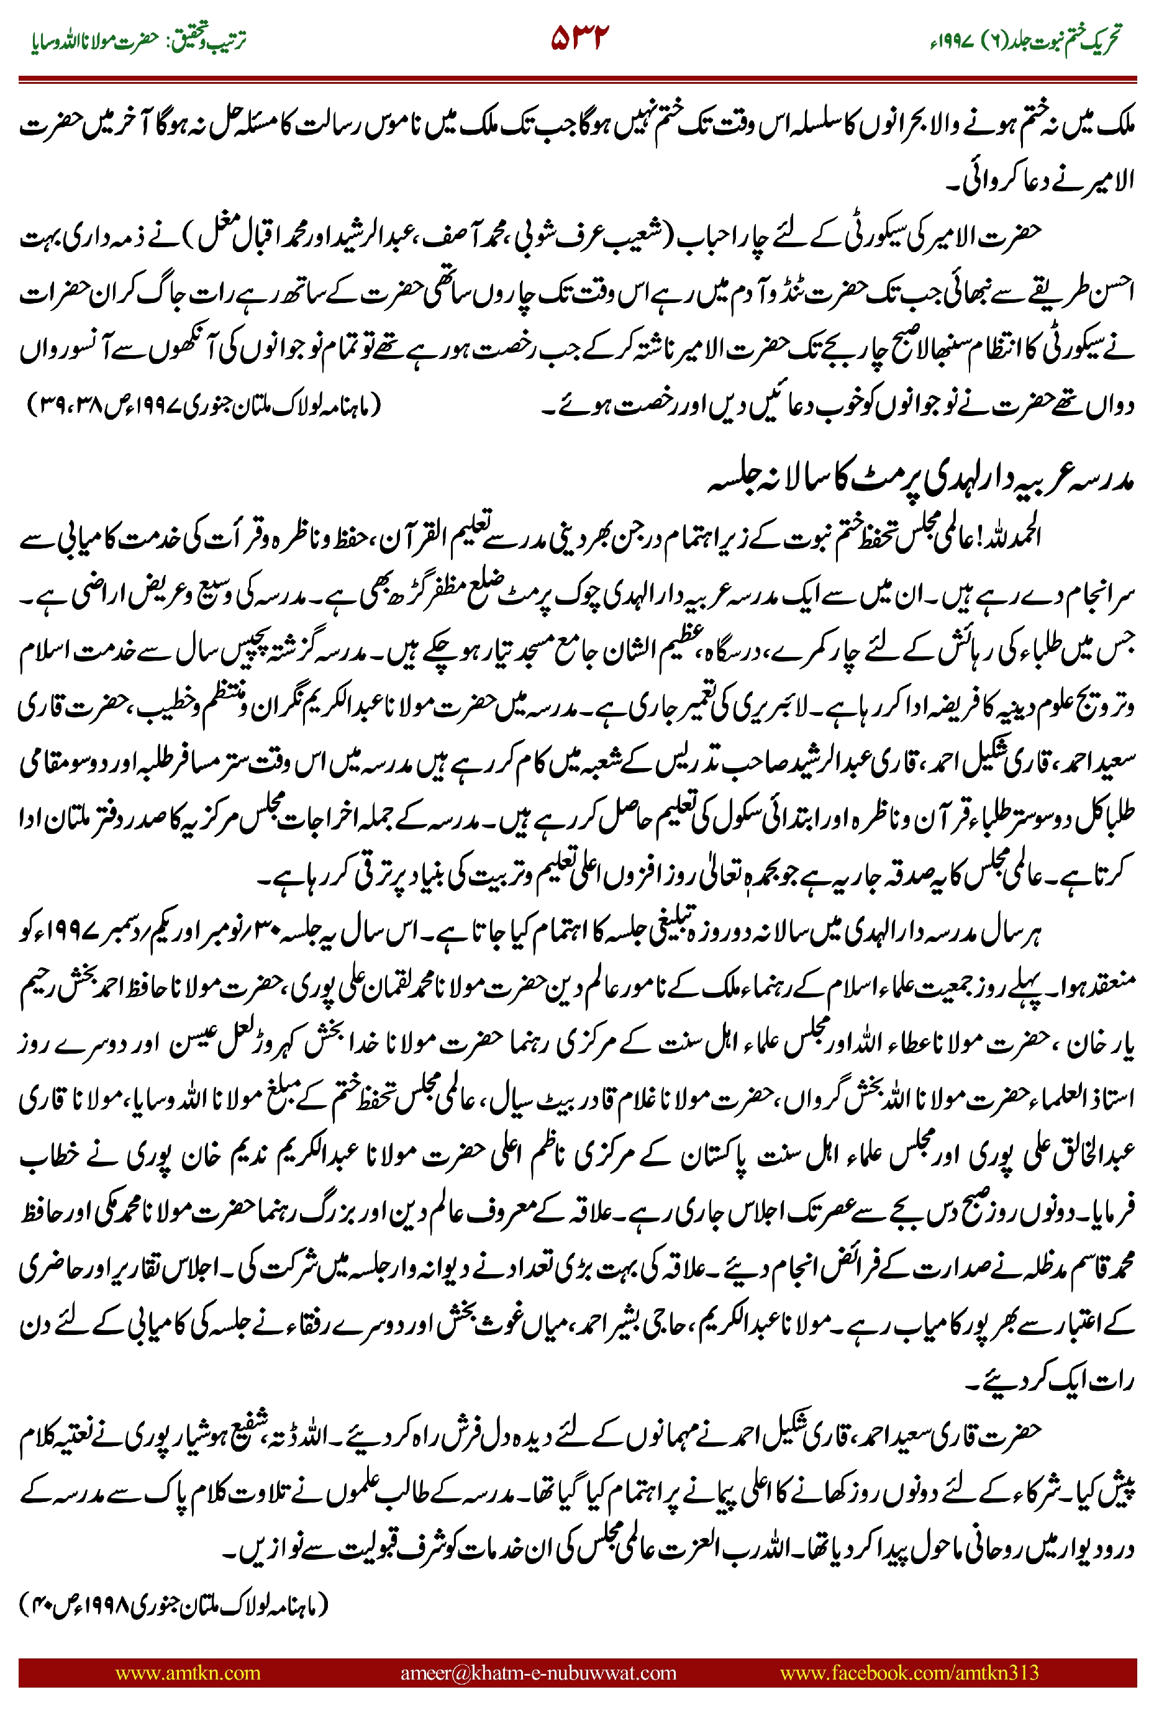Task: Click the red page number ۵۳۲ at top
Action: click(x=580, y=38)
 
